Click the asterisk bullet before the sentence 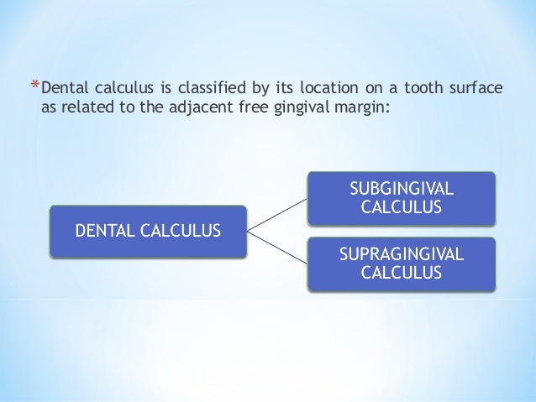[x=34, y=85]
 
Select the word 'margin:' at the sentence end [x=360, y=108]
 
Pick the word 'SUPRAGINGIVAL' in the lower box [x=400, y=253]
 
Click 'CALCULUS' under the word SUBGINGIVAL [x=400, y=207]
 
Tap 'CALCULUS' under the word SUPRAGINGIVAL [x=400, y=272]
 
